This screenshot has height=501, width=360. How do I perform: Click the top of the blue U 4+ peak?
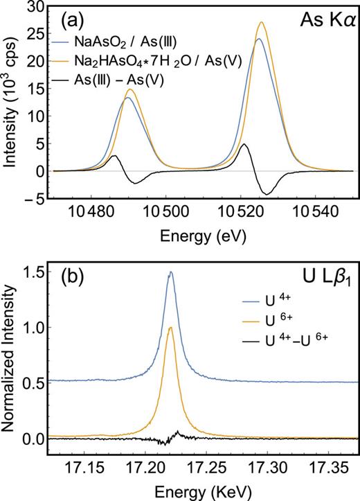(170, 272)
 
